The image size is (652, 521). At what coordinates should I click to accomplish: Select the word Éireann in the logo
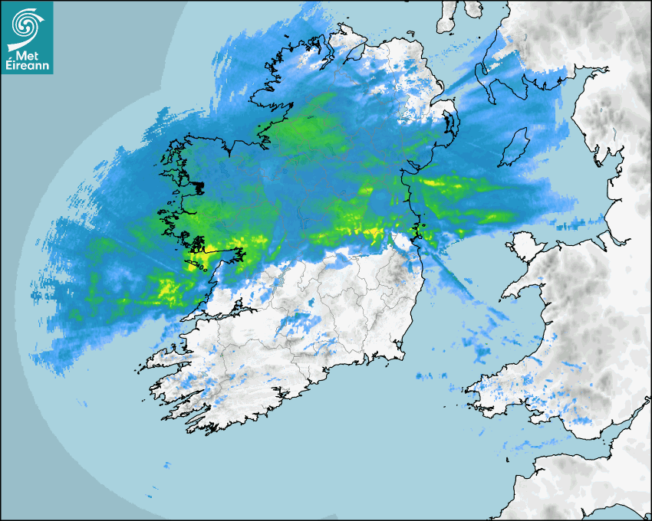pyautogui.click(x=27, y=65)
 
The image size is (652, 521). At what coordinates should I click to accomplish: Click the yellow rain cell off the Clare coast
pyautogui.click(x=165, y=289)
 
